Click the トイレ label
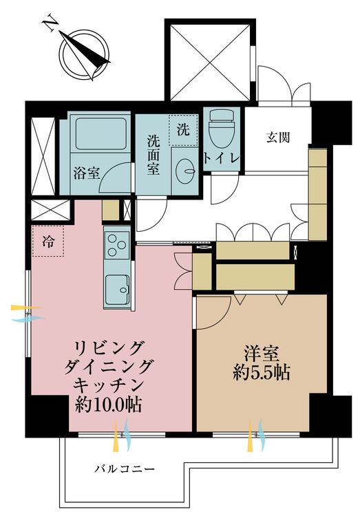(x=222, y=158)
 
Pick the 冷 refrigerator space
(x=48, y=241)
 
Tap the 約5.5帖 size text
(x=260, y=374)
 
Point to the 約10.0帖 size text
(x=108, y=405)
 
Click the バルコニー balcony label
(x=125, y=469)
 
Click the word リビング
(x=109, y=345)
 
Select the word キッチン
(x=109, y=385)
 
